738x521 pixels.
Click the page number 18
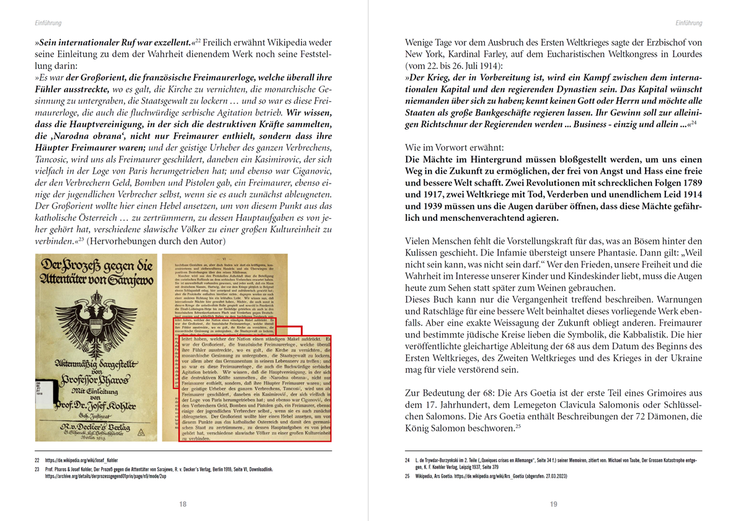pos(183,504)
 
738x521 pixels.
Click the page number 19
pos(554,504)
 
